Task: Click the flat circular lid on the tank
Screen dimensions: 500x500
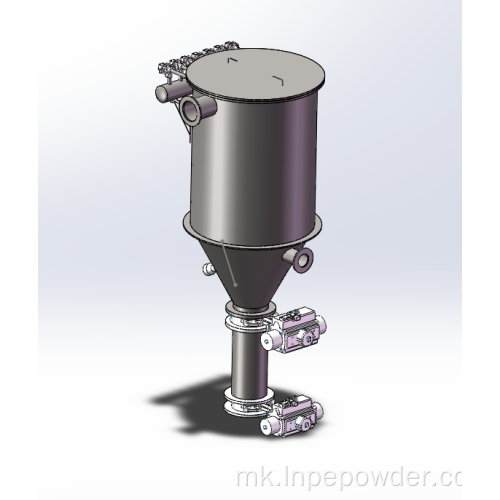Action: pyautogui.click(x=255, y=74)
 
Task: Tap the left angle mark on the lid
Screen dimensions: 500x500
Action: pyautogui.click(x=232, y=60)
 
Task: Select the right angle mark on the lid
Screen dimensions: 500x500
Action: pyautogui.click(x=278, y=80)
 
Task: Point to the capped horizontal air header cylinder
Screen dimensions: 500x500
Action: pyautogui.click(x=172, y=91)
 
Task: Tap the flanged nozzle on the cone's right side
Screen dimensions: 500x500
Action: pyautogui.click(x=299, y=259)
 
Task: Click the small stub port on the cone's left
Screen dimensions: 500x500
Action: pyautogui.click(x=209, y=268)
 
